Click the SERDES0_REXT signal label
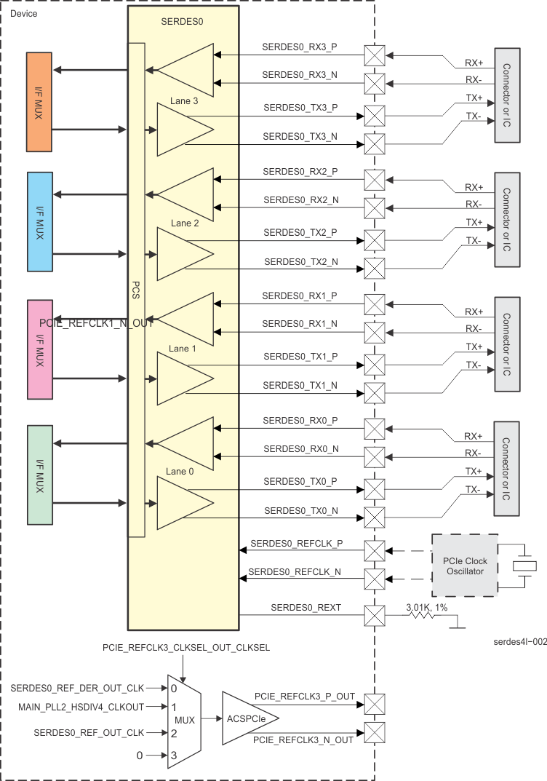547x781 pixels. click(306, 607)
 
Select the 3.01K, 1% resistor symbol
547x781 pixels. click(422, 615)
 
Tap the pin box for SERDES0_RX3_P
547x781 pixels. click(375, 55)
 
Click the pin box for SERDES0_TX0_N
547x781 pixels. click(375, 517)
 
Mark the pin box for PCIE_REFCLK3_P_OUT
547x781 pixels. click(375, 705)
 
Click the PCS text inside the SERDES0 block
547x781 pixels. click(136, 290)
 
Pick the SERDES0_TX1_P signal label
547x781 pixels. click(300, 356)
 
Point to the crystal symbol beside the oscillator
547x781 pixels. click(524, 566)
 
